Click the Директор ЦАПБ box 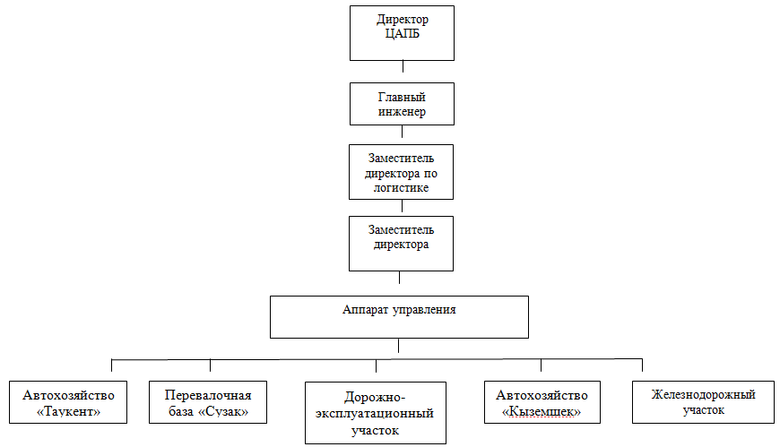pos(402,33)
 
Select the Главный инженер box pos(402,104)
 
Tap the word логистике pos(401,188)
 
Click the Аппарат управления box pos(400,317)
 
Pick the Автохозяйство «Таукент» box pos(68,402)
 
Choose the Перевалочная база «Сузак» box pos(208,402)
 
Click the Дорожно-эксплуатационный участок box pos(376,413)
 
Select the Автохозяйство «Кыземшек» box pos(542,402)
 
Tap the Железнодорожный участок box pos(704,402)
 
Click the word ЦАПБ pos(402,34)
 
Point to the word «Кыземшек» pos(542,412)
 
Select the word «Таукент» pos(69,412)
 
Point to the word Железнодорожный pos(704,394)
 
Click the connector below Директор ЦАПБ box pos(403,66)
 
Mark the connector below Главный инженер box pos(402,132)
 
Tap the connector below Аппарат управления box pos(398,346)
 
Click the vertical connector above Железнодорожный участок pos(642,365)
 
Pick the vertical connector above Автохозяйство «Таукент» pos(111,365)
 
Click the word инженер pos(402,112)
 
